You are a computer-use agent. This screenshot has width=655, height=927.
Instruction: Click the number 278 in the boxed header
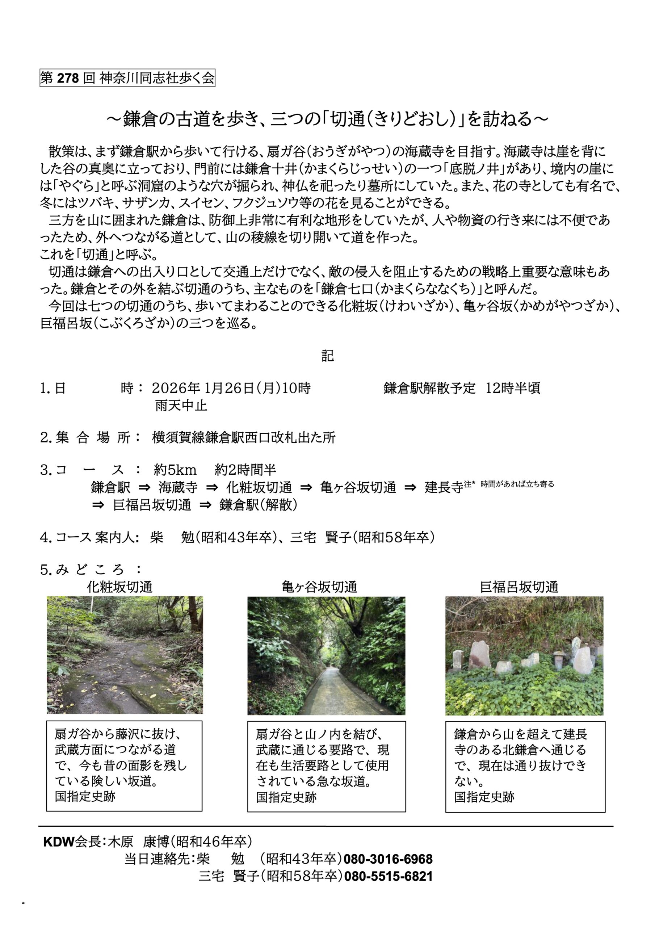pos(68,78)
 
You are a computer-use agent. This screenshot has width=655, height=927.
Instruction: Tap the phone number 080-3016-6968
pos(388,859)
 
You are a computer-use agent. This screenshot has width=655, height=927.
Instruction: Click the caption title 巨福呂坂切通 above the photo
pos(519,587)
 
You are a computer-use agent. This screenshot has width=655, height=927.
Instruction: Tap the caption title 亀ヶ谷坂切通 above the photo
pos(319,587)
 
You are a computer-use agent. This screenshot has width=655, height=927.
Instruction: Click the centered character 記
pos(327,355)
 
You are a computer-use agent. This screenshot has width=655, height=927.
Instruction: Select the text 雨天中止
pos(181,405)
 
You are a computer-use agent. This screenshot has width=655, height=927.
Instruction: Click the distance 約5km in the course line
pos(175,470)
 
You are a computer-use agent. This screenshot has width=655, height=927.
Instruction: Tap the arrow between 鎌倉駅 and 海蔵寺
pos(144,487)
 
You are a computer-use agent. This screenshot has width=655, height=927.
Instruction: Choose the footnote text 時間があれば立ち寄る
pos(517,484)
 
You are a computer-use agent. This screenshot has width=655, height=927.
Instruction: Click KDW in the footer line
pos(59,842)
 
